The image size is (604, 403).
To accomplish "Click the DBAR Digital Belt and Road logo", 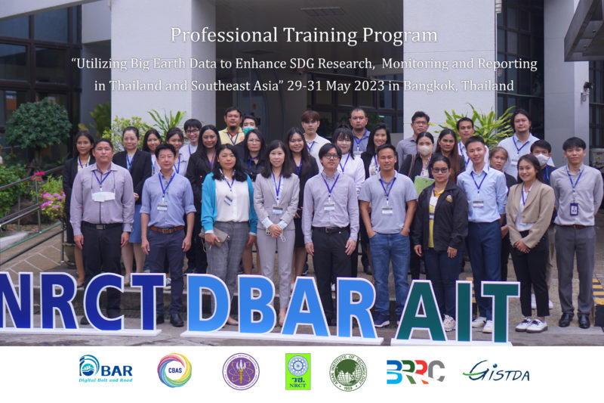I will tap(106, 370).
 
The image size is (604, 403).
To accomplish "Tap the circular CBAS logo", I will tap(174, 370).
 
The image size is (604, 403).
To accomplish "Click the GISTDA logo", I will tap(496, 370).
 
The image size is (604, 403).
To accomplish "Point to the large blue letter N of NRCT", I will tap(17, 301).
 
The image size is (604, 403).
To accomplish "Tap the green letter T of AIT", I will tap(499, 311).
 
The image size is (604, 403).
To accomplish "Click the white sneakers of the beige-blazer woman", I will tap(532, 324).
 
